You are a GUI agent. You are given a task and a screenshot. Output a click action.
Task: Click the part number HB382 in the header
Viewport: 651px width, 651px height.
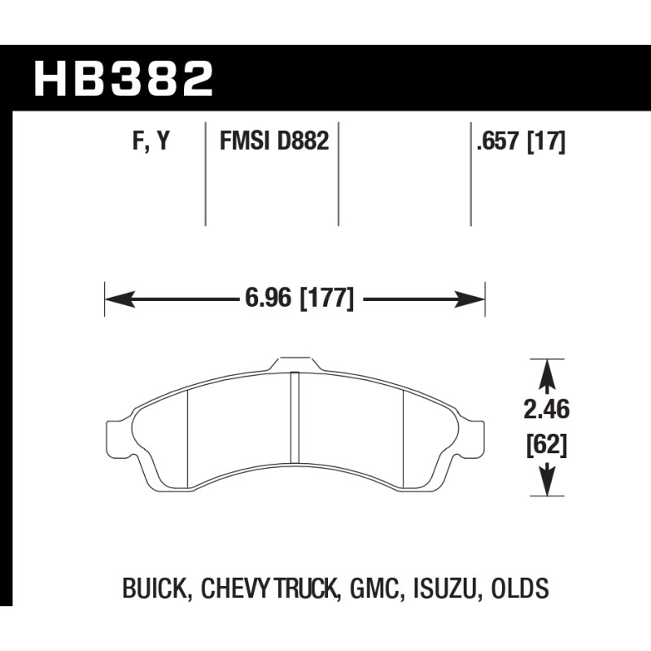[124, 78]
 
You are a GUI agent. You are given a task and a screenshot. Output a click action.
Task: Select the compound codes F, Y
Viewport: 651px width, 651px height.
[151, 140]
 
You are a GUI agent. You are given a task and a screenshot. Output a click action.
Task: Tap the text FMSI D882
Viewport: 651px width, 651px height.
[274, 140]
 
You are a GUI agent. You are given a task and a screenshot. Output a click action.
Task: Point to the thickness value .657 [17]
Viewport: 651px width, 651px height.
[521, 141]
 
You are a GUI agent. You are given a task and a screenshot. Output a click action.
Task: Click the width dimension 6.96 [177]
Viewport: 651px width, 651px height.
[299, 298]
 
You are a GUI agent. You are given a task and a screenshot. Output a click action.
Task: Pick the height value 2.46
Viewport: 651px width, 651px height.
[546, 410]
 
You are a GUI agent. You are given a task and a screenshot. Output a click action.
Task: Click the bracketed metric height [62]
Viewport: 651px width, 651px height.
[546, 446]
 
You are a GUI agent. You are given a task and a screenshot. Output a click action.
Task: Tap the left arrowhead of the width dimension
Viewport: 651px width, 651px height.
[120, 299]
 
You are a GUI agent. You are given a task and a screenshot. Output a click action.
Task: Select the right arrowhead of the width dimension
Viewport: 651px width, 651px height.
[470, 299]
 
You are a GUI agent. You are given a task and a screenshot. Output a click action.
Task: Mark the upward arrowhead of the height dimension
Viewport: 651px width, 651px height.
[547, 374]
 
